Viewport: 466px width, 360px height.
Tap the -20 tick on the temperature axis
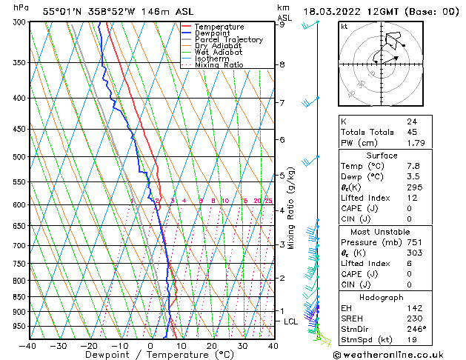click(x=89, y=346)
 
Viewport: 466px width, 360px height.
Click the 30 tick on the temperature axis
click(x=242, y=346)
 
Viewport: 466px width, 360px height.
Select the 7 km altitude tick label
click(x=282, y=102)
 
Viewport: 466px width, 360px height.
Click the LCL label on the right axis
click(x=290, y=321)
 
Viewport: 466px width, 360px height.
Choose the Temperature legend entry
click(x=219, y=27)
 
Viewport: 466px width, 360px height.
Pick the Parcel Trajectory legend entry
click(x=228, y=40)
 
